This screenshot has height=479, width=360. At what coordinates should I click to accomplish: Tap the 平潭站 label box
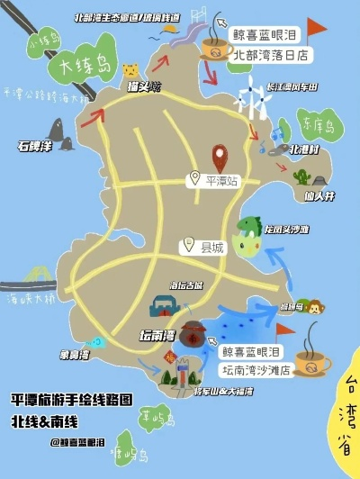(215, 180)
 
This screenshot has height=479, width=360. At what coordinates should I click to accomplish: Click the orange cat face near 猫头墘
(130, 70)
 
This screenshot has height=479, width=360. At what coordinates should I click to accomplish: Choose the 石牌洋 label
(34, 144)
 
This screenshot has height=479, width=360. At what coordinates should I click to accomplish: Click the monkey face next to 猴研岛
(315, 307)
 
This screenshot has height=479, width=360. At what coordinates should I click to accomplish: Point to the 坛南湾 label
(157, 336)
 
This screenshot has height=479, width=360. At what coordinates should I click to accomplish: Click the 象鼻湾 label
(74, 354)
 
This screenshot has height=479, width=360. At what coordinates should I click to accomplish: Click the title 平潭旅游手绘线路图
(71, 398)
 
